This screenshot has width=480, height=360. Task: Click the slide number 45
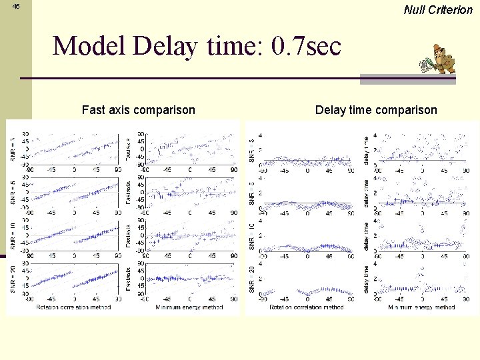coord(16,6)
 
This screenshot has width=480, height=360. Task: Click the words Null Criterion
coord(438,9)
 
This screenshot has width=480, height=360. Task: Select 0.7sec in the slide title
coord(307,46)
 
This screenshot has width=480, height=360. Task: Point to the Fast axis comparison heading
coord(138,110)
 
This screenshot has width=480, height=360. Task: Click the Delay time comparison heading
coord(376,110)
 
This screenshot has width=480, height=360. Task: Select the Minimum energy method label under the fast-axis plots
coord(190,307)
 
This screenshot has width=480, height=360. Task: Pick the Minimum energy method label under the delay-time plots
coord(421,307)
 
